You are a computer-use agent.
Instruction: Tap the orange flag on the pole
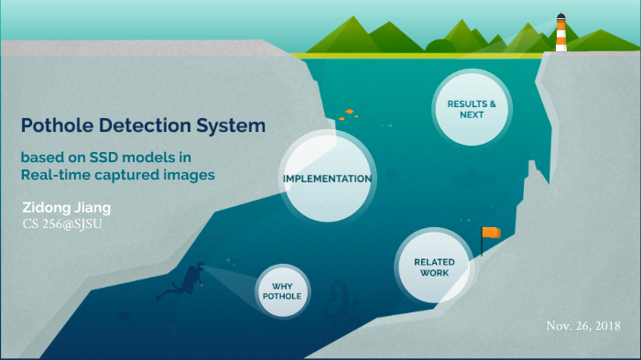(493, 233)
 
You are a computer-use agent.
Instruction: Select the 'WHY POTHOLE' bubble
(281, 290)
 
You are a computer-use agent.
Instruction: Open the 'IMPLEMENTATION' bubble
(326, 178)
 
